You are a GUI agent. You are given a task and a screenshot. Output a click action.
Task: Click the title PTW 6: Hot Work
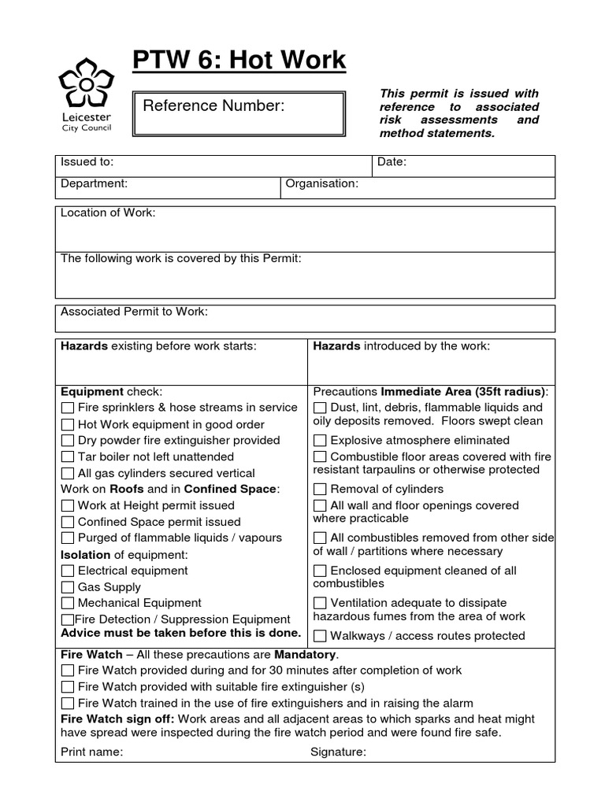pyautogui.click(x=238, y=60)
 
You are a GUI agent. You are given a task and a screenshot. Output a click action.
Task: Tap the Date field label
pyautogui.click(x=392, y=162)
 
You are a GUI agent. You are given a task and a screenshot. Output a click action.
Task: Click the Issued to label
pyautogui.click(x=87, y=162)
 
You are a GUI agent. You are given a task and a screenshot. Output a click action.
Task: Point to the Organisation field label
pyautogui.click(x=321, y=183)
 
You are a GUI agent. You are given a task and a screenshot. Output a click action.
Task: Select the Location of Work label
pyautogui.click(x=108, y=213)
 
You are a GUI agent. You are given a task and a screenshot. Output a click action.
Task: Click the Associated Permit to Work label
pyautogui.click(x=134, y=312)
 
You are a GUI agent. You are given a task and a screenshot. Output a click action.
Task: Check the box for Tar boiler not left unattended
pyautogui.click(x=68, y=457)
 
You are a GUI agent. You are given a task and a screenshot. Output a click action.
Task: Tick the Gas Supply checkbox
pyautogui.click(x=68, y=587)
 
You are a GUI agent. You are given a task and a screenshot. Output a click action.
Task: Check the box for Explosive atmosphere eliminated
pyautogui.click(x=321, y=441)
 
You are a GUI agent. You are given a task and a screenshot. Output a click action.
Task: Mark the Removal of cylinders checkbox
pyautogui.click(x=321, y=490)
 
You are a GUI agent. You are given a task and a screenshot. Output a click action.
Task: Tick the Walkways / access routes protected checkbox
pyautogui.click(x=321, y=636)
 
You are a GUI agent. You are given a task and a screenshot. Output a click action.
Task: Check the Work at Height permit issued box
pyautogui.click(x=68, y=506)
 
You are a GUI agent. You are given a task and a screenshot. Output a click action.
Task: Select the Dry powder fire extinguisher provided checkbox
pyautogui.click(x=68, y=441)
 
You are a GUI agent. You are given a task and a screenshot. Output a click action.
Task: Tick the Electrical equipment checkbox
pyautogui.click(x=68, y=571)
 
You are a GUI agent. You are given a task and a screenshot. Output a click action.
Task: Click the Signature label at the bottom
pyautogui.click(x=338, y=752)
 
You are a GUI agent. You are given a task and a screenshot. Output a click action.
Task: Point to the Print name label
pyautogui.click(x=91, y=752)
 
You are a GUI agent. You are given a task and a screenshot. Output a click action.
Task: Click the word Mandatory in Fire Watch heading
pyautogui.click(x=305, y=654)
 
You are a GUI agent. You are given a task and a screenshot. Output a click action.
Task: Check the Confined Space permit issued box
pyautogui.click(x=68, y=523)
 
